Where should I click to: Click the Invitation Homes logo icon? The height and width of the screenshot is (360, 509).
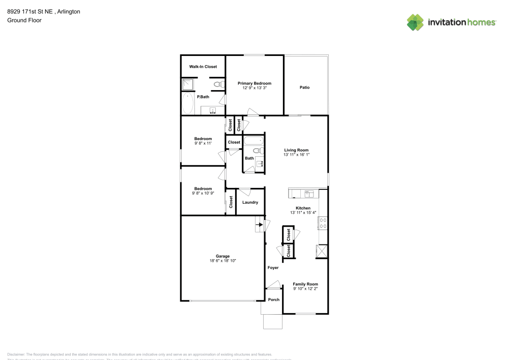click(415, 22)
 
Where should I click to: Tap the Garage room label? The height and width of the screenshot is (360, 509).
click(222, 256)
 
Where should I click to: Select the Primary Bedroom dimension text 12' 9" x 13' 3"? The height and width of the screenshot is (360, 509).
click(254, 88)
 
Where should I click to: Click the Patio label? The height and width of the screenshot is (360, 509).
click(304, 88)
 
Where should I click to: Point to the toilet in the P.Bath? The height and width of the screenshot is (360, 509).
click(219, 85)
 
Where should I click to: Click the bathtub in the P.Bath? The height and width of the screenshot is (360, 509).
click(188, 104)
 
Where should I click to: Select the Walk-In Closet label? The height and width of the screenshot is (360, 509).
click(203, 67)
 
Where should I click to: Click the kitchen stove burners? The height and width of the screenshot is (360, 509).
click(323, 223)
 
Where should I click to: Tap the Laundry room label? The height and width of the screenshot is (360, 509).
click(250, 202)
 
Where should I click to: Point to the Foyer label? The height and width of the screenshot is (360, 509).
click(273, 267)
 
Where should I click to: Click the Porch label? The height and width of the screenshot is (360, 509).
click(274, 299)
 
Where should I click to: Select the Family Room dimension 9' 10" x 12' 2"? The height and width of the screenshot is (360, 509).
click(305, 289)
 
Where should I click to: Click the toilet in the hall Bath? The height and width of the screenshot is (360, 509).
click(258, 151)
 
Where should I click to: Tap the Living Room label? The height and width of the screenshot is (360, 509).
click(296, 150)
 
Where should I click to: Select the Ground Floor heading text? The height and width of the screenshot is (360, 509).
click(24, 20)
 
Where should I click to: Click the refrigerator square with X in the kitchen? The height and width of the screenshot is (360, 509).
click(322, 252)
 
